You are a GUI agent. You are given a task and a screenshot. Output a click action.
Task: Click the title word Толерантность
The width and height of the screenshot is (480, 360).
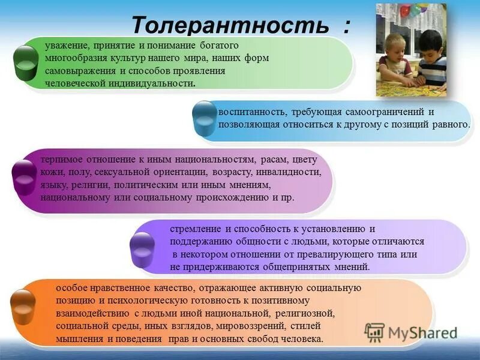[x=230, y=25]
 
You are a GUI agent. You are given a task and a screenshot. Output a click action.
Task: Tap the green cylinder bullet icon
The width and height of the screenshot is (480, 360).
[x=25, y=62]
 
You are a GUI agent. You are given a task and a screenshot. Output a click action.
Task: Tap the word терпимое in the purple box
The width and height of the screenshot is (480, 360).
[x=61, y=160]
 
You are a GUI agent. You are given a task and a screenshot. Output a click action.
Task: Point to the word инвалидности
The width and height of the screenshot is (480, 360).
[x=291, y=172]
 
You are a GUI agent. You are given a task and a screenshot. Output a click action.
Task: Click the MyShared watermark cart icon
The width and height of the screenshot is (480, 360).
[x=374, y=332]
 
